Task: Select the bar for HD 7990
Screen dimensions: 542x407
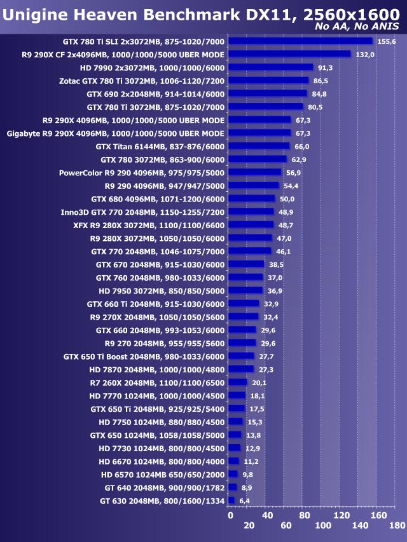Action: click(270, 67)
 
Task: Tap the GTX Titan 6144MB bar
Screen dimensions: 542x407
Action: click(259, 146)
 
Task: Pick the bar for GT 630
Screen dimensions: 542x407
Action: click(231, 501)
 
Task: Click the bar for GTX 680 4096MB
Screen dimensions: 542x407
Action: click(251, 198)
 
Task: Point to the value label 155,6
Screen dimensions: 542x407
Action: click(386, 41)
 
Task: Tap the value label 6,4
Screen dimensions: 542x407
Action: click(244, 501)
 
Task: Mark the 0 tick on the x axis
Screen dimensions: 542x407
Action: click(230, 515)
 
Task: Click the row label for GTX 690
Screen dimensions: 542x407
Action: click(155, 93)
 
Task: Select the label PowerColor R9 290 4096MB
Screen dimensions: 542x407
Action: click(142, 172)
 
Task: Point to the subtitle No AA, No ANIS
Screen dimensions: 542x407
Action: click(357, 27)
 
